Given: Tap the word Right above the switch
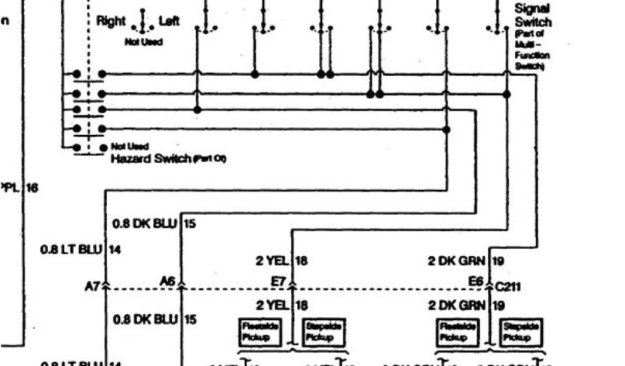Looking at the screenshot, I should tap(111, 21).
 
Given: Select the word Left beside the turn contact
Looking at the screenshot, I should tap(170, 21).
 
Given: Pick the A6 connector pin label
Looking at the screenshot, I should tap(167, 281).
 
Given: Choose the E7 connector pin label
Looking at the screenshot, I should tap(278, 281).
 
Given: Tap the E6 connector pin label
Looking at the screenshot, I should tap(476, 281).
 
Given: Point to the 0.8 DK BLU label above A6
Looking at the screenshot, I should tap(145, 224).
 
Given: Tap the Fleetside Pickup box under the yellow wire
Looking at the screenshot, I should tap(259, 332).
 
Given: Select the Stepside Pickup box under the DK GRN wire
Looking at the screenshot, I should tap(519, 332).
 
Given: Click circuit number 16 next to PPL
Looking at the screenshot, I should tap(32, 188).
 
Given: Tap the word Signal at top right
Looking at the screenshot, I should tap(532, 9).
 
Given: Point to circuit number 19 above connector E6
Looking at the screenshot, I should tap(497, 261).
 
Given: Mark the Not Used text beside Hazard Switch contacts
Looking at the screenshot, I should tap(126, 146).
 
